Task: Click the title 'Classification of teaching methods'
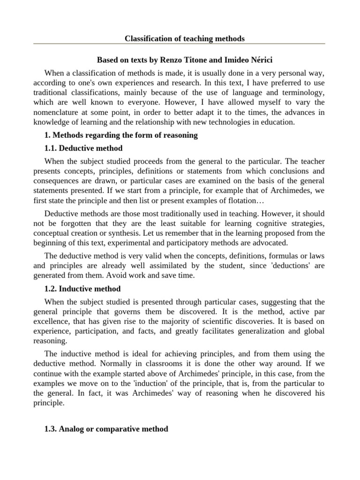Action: pyautogui.click(x=184, y=38)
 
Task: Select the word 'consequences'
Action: pyautogui.click(x=55, y=181)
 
